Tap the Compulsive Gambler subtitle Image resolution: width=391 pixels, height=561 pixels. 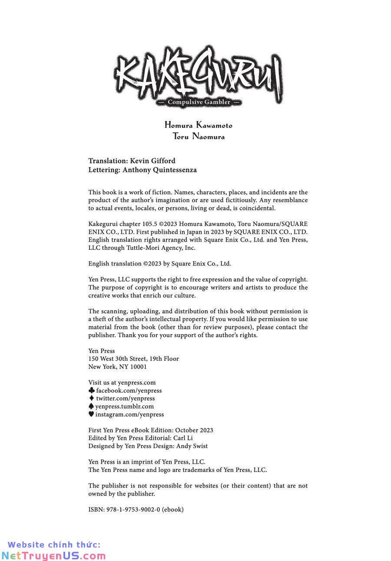pos(199,102)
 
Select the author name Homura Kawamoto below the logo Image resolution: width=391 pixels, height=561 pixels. pos(199,125)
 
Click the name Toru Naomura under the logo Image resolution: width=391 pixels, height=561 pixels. pos(199,136)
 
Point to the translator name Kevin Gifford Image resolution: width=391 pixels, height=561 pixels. pos(152,161)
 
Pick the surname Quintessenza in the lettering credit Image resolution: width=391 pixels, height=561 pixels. pos(175,170)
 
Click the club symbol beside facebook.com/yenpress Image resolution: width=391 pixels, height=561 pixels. pos(91,391)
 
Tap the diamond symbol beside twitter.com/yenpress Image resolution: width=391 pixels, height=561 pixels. pos(91,398)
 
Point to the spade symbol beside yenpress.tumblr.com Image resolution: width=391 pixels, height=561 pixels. pos(91,406)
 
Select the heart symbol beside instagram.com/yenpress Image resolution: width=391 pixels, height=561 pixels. pos(91,414)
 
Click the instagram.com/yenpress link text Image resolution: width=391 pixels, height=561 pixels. pos(129,415)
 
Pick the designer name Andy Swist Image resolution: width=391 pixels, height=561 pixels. pos(192,446)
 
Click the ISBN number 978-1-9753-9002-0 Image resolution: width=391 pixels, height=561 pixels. pos(133,509)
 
